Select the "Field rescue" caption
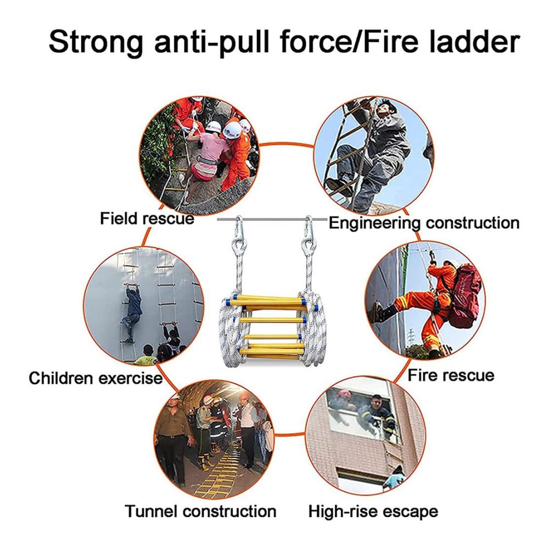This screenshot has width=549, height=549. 147,219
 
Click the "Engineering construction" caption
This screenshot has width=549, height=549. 424,223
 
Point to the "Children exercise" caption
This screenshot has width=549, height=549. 96,378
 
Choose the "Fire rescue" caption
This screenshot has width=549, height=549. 451,376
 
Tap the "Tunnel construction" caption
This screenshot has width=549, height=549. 200,511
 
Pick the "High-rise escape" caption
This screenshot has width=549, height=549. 373,512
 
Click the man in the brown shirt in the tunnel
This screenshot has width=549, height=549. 174,441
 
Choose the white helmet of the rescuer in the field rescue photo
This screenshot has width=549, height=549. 232,130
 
